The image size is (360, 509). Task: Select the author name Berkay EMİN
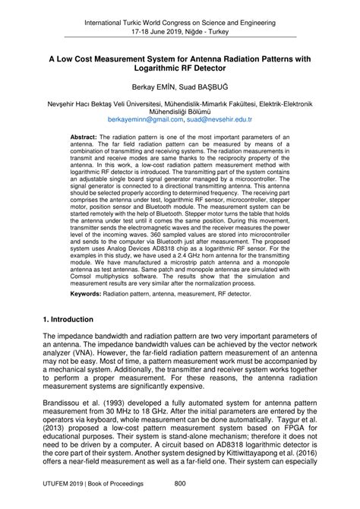[151, 87]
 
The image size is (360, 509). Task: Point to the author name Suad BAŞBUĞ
[204, 87]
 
